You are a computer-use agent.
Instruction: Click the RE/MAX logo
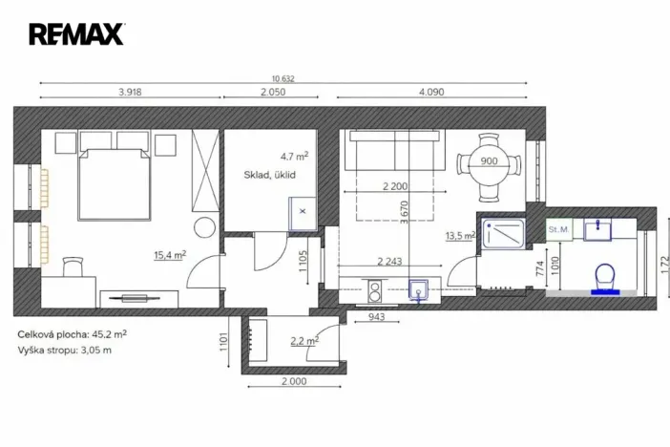click(76, 34)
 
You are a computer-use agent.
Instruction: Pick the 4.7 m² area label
click(294, 155)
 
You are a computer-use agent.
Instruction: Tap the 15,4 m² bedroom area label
click(170, 255)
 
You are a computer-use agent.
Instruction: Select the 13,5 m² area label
click(460, 236)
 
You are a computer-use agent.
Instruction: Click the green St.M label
click(557, 229)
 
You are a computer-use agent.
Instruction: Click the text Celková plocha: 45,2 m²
click(73, 335)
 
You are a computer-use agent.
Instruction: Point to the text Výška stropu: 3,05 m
click(65, 351)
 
